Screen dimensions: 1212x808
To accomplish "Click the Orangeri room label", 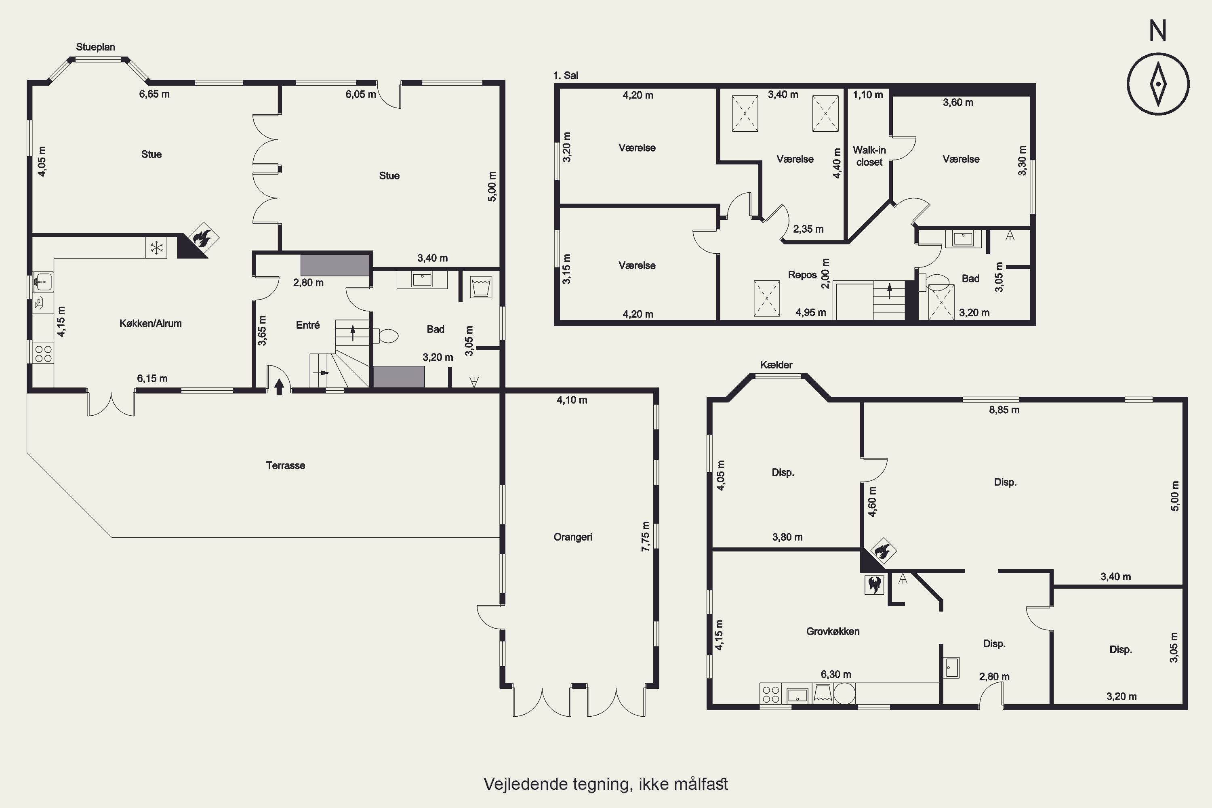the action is click(572, 537).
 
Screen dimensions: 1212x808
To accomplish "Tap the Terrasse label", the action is click(286, 465).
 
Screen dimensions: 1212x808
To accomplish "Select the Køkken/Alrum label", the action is click(150, 324).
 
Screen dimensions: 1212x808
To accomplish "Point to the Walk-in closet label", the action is click(869, 156).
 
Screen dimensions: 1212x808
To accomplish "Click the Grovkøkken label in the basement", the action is click(833, 631).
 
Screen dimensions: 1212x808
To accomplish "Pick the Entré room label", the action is click(307, 325).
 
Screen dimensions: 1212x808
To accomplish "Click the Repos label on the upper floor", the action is click(802, 275).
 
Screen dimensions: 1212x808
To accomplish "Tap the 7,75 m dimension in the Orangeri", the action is click(645, 537).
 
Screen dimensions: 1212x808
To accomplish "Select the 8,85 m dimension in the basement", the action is click(1004, 410).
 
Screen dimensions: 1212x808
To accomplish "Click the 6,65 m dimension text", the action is click(154, 94).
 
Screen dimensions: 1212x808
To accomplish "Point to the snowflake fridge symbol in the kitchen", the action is click(156, 248).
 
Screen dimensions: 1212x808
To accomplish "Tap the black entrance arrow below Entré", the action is click(279, 387).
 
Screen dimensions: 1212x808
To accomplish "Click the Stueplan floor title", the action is click(95, 47).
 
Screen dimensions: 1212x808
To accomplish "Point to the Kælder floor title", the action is click(776, 365).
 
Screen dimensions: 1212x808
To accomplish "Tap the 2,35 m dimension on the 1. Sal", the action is click(808, 229).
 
